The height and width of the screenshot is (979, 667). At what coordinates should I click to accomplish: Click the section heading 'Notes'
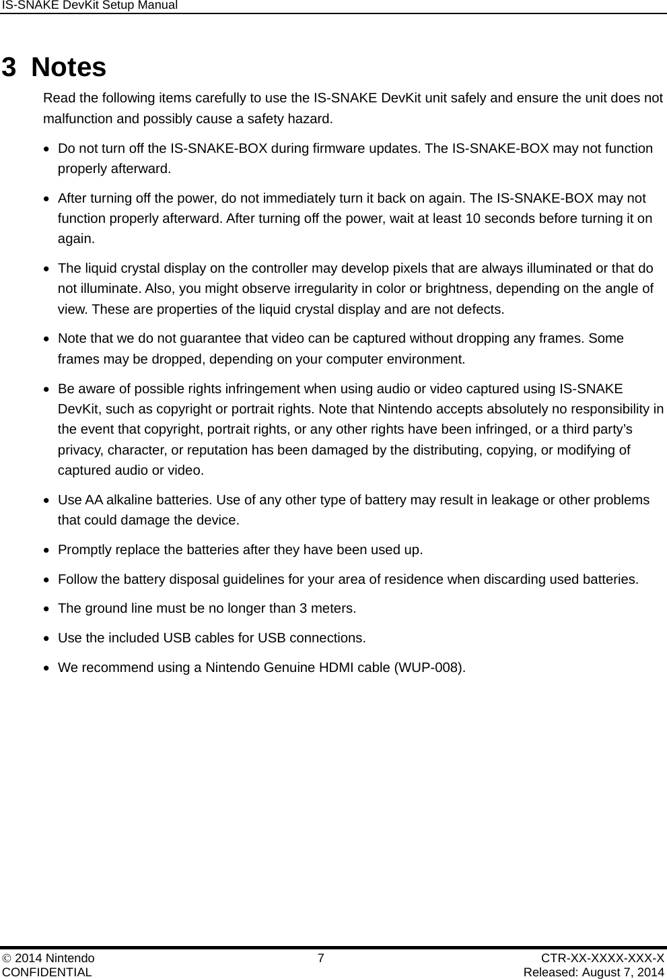coord(69,67)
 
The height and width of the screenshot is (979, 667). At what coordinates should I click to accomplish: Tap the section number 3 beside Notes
coord(9,67)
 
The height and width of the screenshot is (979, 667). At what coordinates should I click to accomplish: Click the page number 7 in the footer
coord(321,958)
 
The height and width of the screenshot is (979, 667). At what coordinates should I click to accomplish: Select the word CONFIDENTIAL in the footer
coord(47,972)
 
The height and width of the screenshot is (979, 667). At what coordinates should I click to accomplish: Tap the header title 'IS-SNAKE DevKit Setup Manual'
coord(90,5)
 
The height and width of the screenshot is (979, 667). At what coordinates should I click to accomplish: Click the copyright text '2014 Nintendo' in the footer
coord(55,958)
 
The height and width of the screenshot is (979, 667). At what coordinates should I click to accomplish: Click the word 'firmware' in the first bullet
coord(340,148)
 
